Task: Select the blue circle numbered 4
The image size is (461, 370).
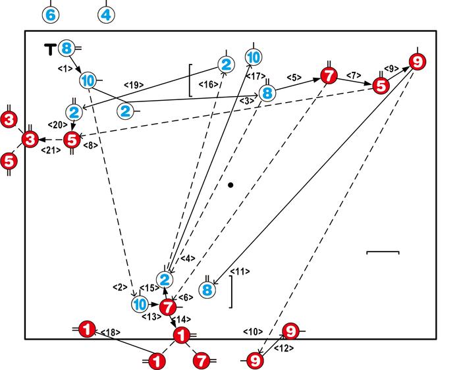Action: click(107, 14)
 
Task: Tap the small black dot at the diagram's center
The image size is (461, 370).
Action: click(230, 185)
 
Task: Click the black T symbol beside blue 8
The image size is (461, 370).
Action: click(50, 48)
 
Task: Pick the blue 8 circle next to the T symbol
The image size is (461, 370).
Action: click(67, 48)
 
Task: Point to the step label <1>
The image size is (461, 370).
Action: click(65, 68)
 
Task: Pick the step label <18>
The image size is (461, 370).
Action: click(110, 332)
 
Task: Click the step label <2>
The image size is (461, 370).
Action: click(119, 287)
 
